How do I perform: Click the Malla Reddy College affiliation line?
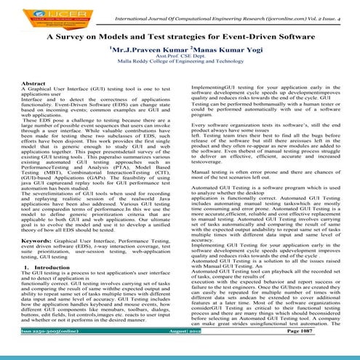click(180, 64)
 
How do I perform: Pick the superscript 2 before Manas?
click(182, 47)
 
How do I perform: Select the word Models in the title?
click(119, 33)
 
